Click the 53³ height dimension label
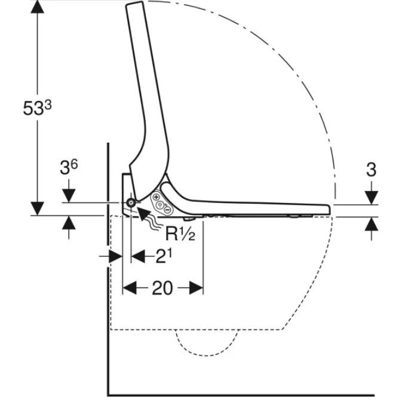pos(38,108)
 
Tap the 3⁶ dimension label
pos(69,168)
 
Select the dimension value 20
pos(162,288)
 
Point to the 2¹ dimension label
pos(164,256)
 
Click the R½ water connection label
pos(180,234)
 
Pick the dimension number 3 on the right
pos(371,170)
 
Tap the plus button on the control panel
pos(156,197)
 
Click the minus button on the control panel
pos(167,210)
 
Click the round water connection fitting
pos(131,203)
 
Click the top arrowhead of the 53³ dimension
pos(38,7)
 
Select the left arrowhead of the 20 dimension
pos(130,288)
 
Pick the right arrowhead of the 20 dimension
pos(196,288)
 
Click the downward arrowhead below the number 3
pos(372,198)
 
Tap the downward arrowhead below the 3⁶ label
pos(69,196)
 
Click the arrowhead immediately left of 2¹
pos(138,256)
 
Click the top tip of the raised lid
pos(134,3)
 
